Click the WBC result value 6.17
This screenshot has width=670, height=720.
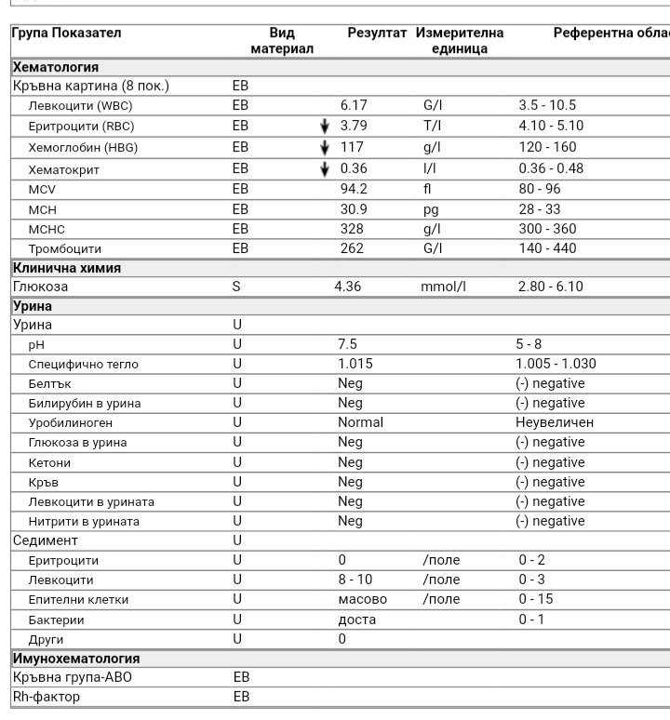click(x=354, y=106)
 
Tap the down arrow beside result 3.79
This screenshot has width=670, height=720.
click(x=325, y=127)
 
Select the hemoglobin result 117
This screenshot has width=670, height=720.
click(x=352, y=147)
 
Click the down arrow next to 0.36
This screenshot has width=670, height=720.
click(x=325, y=168)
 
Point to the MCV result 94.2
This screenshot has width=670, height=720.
click(x=354, y=189)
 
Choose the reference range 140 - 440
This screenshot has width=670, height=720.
click(x=547, y=248)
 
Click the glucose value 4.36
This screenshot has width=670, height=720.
click(x=347, y=287)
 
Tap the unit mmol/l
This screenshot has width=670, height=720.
click(x=443, y=287)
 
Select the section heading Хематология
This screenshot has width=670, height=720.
click(x=56, y=67)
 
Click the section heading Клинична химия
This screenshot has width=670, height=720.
click(x=67, y=268)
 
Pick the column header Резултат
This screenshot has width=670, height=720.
click(x=377, y=33)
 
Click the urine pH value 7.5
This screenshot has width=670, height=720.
click(x=347, y=344)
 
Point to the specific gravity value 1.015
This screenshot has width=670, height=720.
click(x=355, y=364)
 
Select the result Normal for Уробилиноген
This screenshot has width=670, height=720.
click(x=360, y=422)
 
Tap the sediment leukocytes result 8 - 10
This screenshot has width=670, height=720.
click(x=357, y=580)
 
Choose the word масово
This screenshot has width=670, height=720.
click(x=362, y=600)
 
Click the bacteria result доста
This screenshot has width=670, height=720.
click(x=355, y=620)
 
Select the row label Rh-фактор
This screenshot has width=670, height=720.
click(x=47, y=697)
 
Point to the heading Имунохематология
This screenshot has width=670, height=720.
click(x=76, y=659)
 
